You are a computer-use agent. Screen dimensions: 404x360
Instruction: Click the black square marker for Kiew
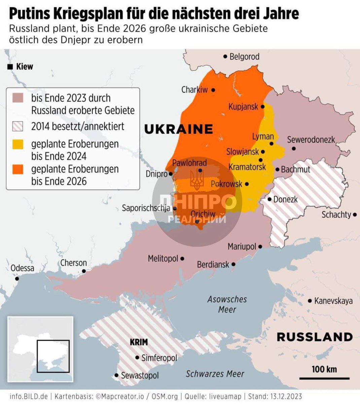pyautogui.click(x=10, y=67)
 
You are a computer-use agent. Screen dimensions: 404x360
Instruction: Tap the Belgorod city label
pyautogui.click(x=244, y=57)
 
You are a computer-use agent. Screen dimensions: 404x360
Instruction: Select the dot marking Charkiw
pyautogui.click(x=213, y=90)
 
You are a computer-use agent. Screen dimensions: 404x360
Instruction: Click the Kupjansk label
pyautogui.click(x=243, y=107)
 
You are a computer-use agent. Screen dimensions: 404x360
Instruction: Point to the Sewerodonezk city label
pyautogui.click(x=311, y=140)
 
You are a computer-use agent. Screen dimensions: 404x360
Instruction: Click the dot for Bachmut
pyautogui.click(x=277, y=170)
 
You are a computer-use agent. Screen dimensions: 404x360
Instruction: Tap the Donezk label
pyautogui.click(x=285, y=199)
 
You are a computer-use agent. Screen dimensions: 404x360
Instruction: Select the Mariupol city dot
pyautogui.click(x=260, y=247)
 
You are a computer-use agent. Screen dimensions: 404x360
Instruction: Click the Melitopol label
pyautogui.click(x=163, y=259)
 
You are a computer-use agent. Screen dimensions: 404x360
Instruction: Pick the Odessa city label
pyautogui.click(x=22, y=268)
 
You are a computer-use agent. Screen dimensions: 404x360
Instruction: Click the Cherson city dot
pyautogui.click(x=84, y=271)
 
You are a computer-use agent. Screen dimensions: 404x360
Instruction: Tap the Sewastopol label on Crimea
pyautogui.click(x=140, y=375)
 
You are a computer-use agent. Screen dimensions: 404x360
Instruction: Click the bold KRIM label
pyautogui.click(x=139, y=342)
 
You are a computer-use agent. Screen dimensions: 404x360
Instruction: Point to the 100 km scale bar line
pyautogui.click(x=324, y=378)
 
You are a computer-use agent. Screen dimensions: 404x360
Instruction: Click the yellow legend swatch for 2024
pyautogui.click(x=18, y=144)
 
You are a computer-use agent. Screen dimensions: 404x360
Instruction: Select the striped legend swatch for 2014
pyautogui.click(x=18, y=126)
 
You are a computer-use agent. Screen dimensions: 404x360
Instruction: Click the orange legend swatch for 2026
pyautogui.click(x=18, y=169)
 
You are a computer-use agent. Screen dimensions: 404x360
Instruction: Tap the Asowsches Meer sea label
pyautogui.click(x=227, y=304)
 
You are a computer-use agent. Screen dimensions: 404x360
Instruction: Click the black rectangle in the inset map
pyautogui.click(x=53, y=356)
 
